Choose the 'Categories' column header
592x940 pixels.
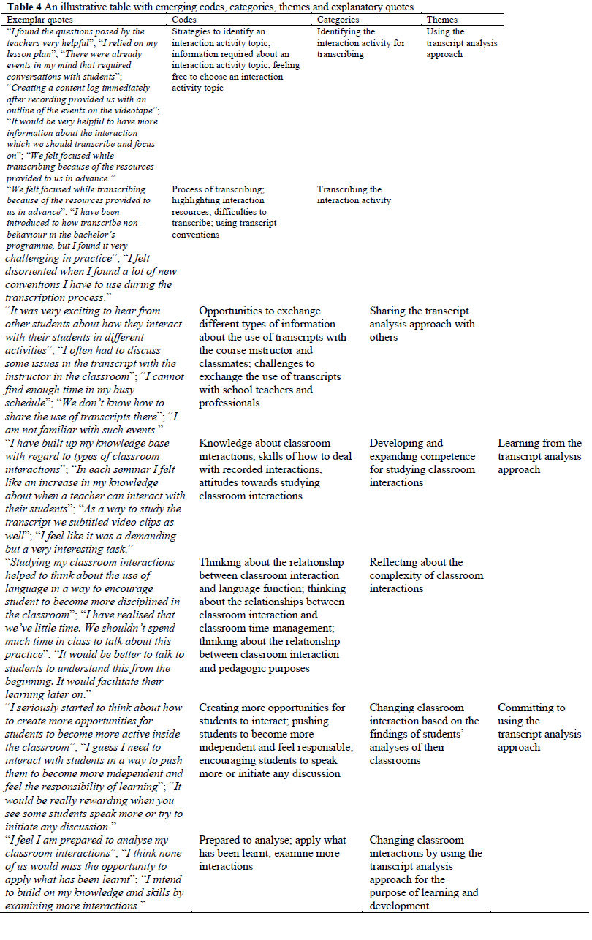[338, 20]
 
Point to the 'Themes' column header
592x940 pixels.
[442, 20]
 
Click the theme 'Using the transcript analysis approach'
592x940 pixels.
[461, 43]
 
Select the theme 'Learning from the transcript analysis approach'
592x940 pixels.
[539, 456]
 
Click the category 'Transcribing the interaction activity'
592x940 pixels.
[354, 194]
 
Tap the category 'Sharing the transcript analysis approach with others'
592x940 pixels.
[422, 324]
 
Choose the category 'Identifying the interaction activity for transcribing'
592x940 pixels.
[360, 43]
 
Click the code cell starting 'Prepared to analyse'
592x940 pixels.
[272, 853]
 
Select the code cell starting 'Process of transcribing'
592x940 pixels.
[227, 211]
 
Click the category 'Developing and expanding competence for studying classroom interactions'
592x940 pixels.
[422, 463]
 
